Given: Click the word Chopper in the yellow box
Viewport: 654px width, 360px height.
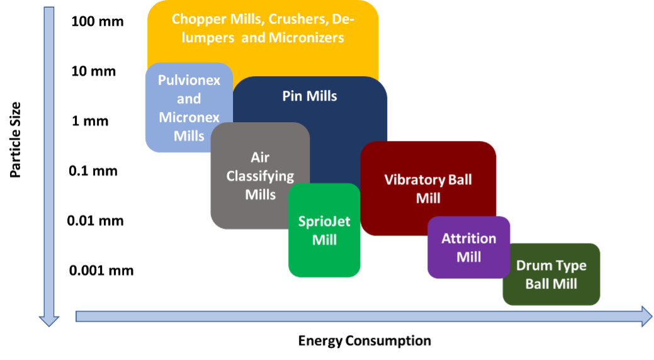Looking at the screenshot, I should tap(196, 18).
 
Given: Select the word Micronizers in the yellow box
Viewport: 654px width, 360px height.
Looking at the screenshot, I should tap(306, 38).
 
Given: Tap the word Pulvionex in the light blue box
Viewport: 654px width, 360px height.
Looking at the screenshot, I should tap(189, 81).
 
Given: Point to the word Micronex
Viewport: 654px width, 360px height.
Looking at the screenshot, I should tap(189, 117).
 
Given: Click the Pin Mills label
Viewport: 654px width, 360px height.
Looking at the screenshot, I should tap(310, 96).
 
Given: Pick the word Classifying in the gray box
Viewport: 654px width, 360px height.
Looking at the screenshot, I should tap(260, 176).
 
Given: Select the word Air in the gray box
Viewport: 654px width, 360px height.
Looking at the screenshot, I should tap(260, 157).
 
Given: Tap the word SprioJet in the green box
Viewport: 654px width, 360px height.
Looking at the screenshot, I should tap(324, 222).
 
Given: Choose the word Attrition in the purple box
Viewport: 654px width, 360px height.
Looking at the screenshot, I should tap(469, 239).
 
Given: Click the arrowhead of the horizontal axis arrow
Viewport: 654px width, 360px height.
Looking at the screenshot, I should tap(646, 316).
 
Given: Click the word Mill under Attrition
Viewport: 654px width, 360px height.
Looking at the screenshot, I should tap(469, 257).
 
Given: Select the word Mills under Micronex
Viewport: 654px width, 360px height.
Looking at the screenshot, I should tap(189, 135).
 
